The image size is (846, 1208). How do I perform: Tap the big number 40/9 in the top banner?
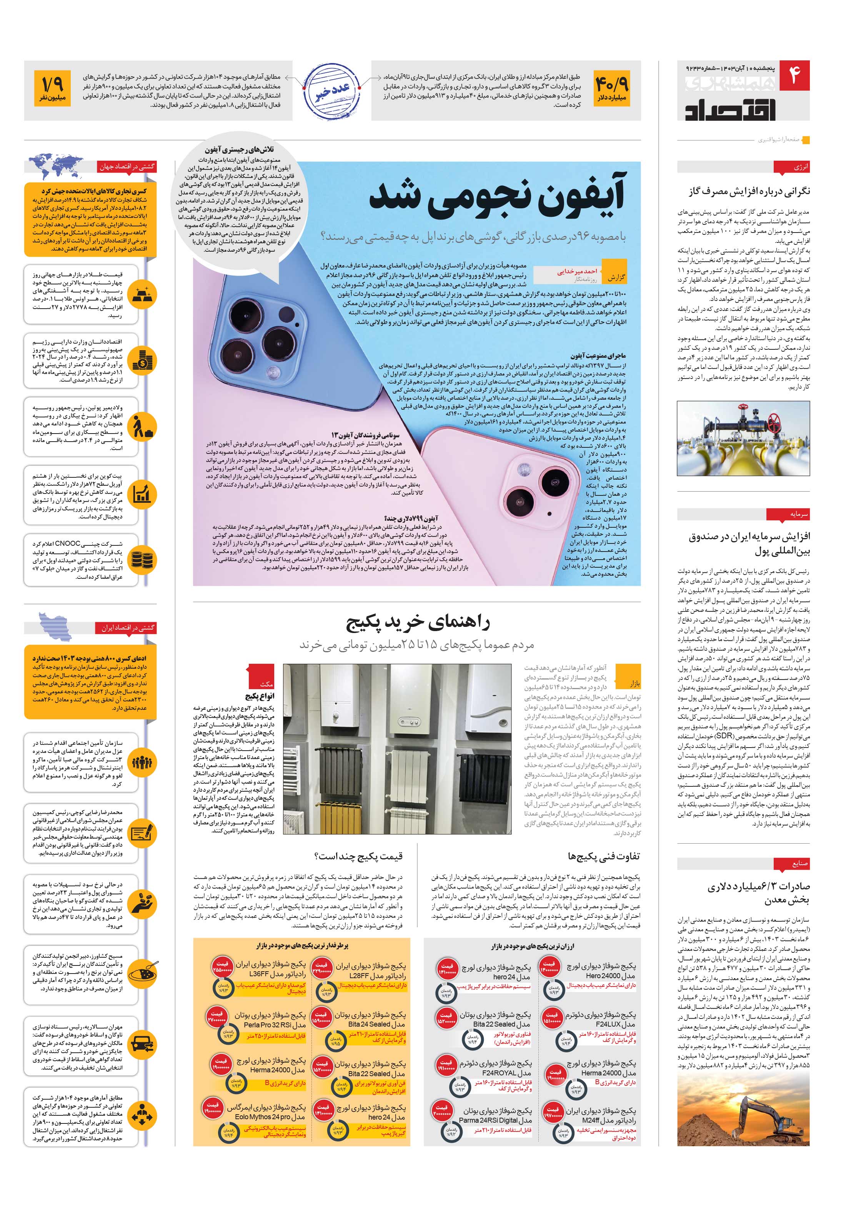click(612, 84)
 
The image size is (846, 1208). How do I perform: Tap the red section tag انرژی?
click(800, 167)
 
